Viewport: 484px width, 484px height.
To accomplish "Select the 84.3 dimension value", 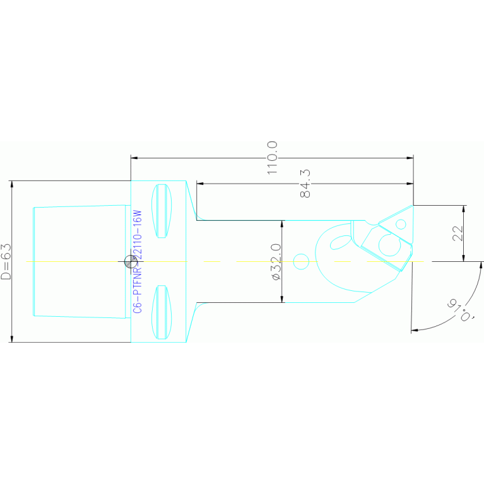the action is click(x=306, y=183).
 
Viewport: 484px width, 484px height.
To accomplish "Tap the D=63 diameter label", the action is click(x=6, y=261).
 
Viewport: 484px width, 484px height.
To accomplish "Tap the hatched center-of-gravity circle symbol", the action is click(x=130, y=260).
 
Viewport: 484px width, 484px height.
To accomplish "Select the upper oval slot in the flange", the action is click(x=163, y=211).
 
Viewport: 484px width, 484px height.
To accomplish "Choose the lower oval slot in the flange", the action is click(x=162, y=311).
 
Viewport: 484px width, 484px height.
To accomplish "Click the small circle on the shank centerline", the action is click(x=300, y=260).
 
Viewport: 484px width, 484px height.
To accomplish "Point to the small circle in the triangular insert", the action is click(x=401, y=224).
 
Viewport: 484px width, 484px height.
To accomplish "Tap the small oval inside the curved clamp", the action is click(x=342, y=240).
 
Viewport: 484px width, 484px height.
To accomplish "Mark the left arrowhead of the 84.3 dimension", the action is click(x=200, y=184).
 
